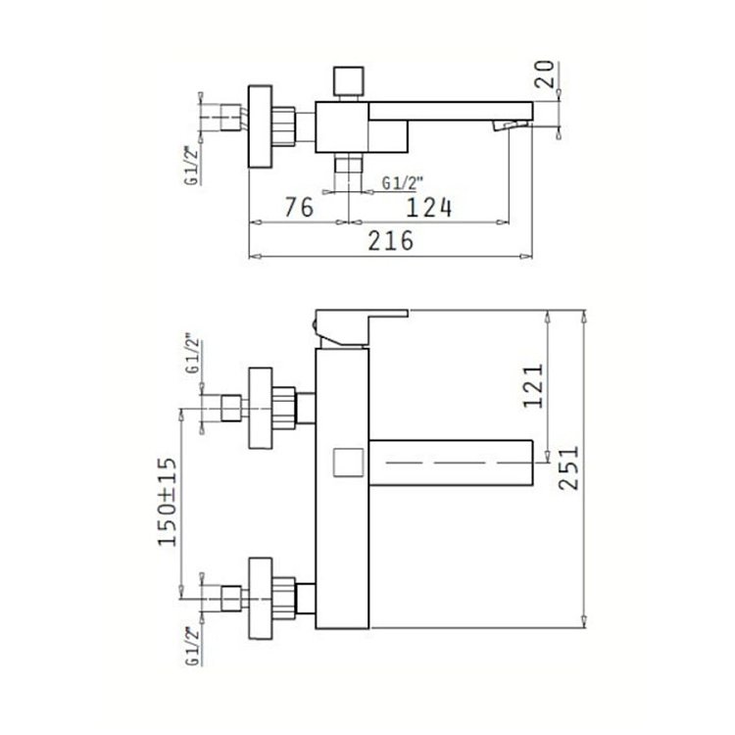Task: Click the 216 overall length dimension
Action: [390, 241]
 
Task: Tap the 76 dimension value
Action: [299, 207]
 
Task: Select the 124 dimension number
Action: [429, 208]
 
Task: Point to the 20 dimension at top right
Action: [544, 74]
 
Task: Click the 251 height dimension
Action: [569, 467]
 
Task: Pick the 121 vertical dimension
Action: [533, 386]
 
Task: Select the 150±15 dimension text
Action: [168, 502]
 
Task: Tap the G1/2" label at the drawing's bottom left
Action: [193, 646]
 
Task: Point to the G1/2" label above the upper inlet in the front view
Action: [193, 353]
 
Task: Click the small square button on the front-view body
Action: [348, 463]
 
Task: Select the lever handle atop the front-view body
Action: [361, 328]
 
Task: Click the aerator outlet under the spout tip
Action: [510, 125]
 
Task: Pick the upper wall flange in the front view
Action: [260, 408]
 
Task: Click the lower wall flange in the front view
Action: [260, 598]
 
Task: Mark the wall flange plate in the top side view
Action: [260, 126]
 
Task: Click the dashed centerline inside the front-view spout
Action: [460, 463]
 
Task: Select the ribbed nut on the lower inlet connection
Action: [283, 598]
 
